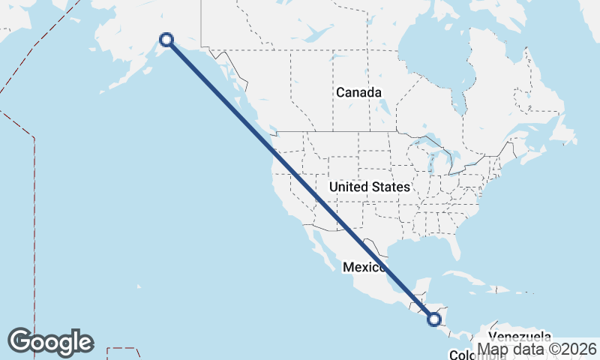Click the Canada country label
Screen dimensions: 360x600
(358, 93)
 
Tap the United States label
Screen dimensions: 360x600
(370, 187)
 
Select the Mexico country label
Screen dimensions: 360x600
(364, 268)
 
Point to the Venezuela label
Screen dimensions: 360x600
(520, 337)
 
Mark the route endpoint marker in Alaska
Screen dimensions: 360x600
(166, 40)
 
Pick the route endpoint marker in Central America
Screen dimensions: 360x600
(434, 319)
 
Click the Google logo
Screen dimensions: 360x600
(50, 342)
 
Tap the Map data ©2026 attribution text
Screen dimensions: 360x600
(536, 349)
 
